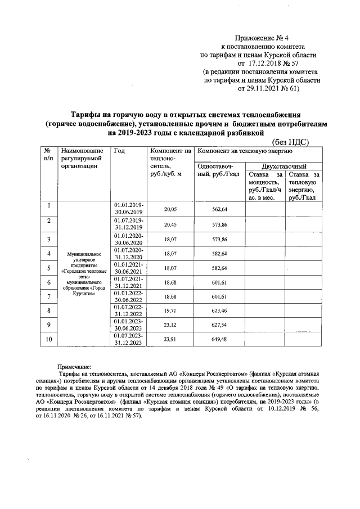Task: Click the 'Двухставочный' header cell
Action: pos(284,167)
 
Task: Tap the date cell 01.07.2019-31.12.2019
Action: pos(129,224)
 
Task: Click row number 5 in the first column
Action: pos(49,268)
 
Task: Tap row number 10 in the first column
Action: pos(49,339)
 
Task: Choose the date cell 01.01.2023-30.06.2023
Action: pos(129,325)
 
